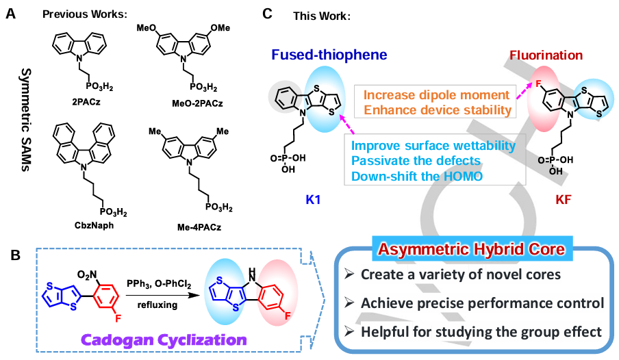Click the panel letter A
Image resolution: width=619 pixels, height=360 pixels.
coord(11,13)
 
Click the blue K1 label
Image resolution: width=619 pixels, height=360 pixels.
coord(308,198)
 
